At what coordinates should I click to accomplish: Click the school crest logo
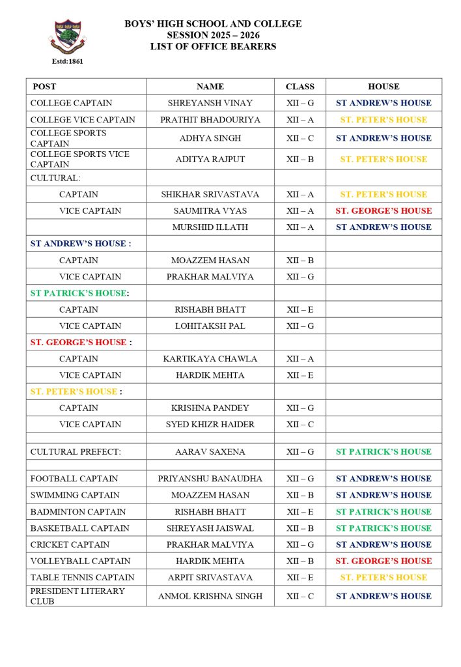click(67, 36)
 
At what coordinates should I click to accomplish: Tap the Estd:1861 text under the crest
click(67, 61)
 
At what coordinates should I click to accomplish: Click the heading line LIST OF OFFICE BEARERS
click(213, 46)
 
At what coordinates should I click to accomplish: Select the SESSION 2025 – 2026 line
click(213, 35)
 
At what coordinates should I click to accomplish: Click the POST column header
click(44, 87)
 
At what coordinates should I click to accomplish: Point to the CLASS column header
click(300, 87)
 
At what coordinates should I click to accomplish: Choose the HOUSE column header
click(384, 87)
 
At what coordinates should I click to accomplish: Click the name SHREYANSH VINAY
click(210, 103)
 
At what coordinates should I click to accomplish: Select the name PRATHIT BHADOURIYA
click(210, 120)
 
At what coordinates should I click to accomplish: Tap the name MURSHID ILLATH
click(210, 227)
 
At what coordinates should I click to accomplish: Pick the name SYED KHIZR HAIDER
click(210, 425)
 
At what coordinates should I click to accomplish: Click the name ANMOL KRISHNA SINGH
click(210, 596)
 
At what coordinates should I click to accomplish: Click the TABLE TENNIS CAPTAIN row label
click(83, 577)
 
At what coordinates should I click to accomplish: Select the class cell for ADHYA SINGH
click(300, 138)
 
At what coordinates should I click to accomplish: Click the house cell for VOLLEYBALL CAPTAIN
click(384, 561)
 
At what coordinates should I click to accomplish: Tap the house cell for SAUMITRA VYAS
click(384, 211)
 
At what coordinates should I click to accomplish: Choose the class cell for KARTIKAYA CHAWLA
click(300, 359)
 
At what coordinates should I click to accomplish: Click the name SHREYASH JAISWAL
click(210, 528)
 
